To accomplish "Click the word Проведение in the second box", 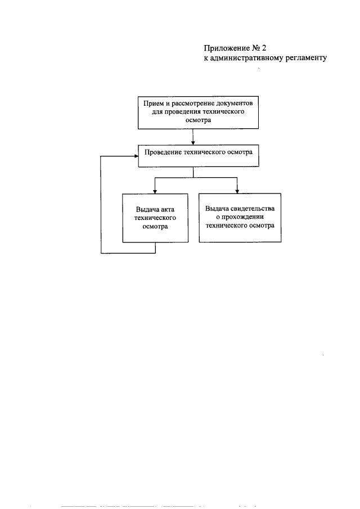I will click(x=164, y=152).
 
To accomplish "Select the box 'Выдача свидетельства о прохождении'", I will click(x=240, y=218).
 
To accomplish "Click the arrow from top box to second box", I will click(x=193, y=137).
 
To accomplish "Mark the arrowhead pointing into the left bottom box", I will click(x=155, y=190).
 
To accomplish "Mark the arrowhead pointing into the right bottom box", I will click(x=237, y=190).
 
